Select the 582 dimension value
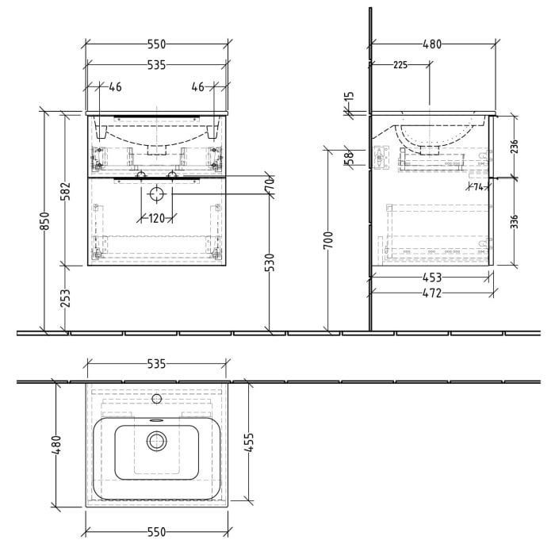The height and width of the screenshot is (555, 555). pyautogui.click(x=66, y=190)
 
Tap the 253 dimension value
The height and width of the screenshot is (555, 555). pyautogui.click(x=66, y=299)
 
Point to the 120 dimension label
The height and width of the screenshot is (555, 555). pyautogui.click(x=155, y=219)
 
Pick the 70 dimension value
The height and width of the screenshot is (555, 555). pyautogui.click(x=270, y=182)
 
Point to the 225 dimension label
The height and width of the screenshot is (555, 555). pyautogui.click(x=400, y=65)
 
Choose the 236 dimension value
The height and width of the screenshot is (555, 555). pyautogui.click(x=514, y=145)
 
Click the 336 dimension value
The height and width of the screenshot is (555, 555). pyautogui.click(x=514, y=220)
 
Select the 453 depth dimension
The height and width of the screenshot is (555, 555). pyautogui.click(x=432, y=277)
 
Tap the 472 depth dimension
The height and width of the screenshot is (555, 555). pyautogui.click(x=432, y=294)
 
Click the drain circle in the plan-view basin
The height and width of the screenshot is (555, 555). pyautogui.click(x=156, y=441)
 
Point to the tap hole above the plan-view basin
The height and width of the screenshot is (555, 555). pyautogui.click(x=156, y=398)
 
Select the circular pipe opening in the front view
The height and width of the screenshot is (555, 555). pyautogui.click(x=156, y=193)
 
